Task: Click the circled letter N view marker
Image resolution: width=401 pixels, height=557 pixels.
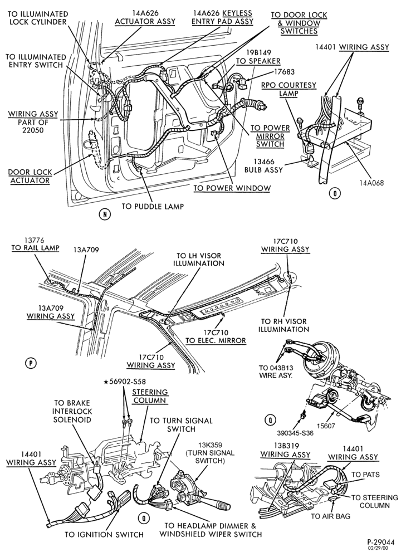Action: click(x=105, y=214)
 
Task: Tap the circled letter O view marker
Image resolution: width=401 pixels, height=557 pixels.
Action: click(x=334, y=193)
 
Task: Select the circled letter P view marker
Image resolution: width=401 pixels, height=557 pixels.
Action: click(x=31, y=363)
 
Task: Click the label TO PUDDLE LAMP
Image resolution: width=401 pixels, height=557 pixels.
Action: click(x=153, y=207)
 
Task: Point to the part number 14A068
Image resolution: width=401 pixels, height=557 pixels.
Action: click(x=371, y=183)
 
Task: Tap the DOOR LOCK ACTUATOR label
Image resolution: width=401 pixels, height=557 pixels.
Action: click(x=30, y=176)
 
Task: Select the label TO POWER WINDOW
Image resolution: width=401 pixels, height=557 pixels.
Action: click(x=232, y=188)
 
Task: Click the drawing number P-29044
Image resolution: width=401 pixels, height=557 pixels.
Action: click(x=381, y=542)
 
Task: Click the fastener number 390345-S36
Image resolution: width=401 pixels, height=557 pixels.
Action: click(x=295, y=433)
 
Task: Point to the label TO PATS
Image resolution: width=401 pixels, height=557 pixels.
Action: click(x=365, y=475)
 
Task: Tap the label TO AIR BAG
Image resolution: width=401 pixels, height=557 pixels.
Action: click(x=330, y=516)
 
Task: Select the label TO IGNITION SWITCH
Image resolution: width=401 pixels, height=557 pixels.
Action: click(x=104, y=534)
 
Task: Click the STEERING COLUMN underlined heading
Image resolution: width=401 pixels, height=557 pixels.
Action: click(x=150, y=396)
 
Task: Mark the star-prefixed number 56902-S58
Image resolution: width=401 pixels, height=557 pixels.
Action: click(x=124, y=383)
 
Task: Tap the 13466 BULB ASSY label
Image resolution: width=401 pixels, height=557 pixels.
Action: click(x=263, y=166)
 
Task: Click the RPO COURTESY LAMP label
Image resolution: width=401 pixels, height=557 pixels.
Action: click(x=288, y=89)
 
